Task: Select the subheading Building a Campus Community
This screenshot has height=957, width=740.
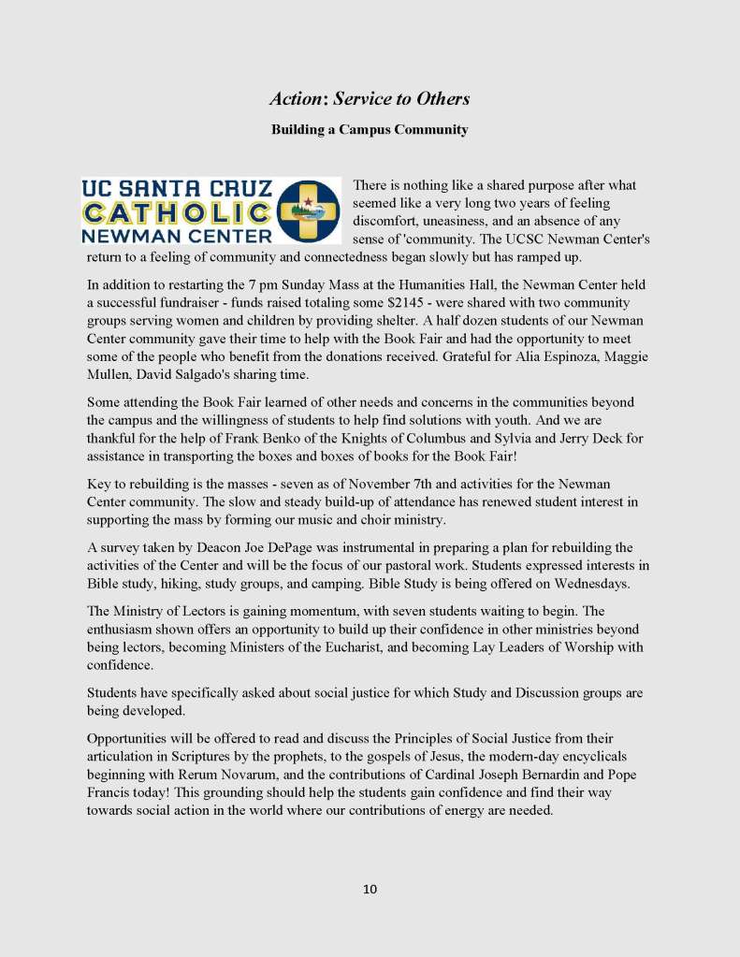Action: [370, 130]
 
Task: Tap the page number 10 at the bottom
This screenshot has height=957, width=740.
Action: [370, 889]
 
